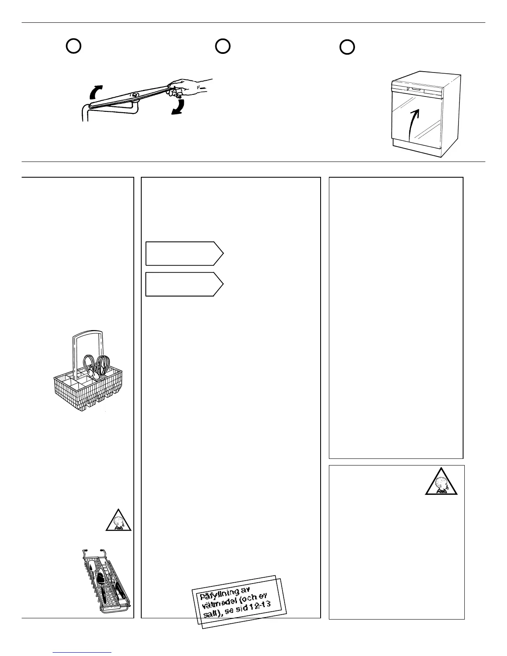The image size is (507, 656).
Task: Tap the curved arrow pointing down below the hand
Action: tap(179, 106)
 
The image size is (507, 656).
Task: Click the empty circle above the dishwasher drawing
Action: tap(347, 47)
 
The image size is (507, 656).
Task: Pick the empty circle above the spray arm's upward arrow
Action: tap(73, 46)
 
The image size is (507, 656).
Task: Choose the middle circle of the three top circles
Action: tap(222, 46)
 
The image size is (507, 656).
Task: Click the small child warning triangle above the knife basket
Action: tap(118, 520)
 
